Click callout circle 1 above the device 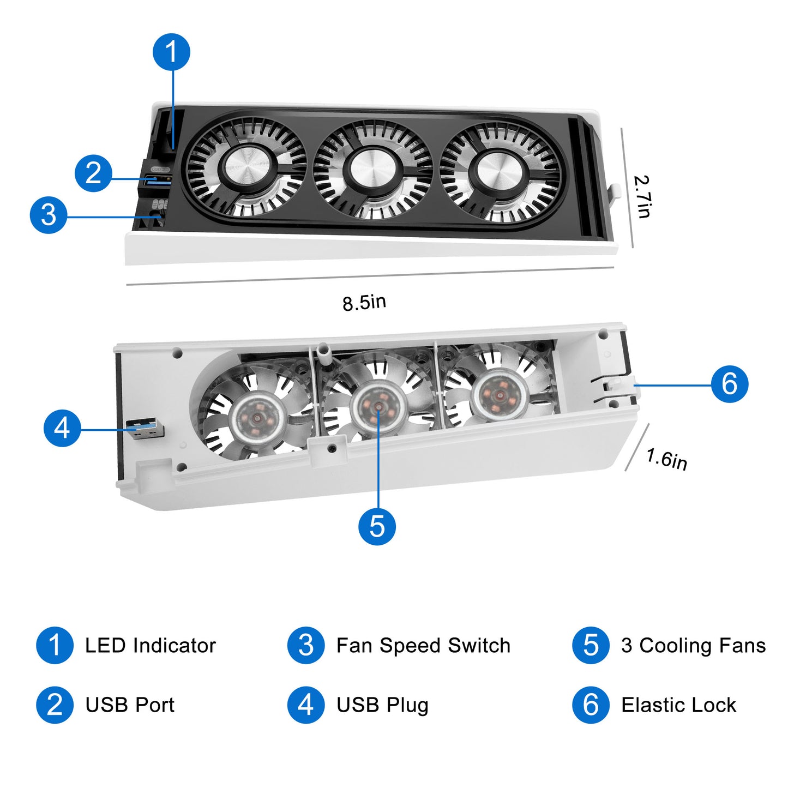171,52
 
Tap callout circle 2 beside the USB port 93,173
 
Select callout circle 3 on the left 49,215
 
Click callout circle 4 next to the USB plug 62,428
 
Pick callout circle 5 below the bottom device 377,526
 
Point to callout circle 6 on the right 730,384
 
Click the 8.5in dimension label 364,302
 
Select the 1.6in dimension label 666,459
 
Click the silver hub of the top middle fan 373,170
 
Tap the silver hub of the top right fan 498,172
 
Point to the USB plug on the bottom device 145,429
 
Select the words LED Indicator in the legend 151,646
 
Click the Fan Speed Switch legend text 423,646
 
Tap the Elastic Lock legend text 678,705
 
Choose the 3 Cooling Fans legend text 693,646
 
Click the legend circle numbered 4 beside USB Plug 306,705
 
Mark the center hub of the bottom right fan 499,394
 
